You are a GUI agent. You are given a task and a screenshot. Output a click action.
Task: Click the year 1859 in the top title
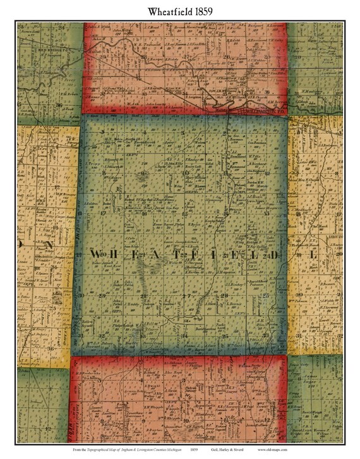(x=208, y=11)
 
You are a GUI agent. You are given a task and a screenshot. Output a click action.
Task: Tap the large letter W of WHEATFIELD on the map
(x=95, y=254)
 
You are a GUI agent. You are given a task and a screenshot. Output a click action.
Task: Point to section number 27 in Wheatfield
(x=186, y=295)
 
